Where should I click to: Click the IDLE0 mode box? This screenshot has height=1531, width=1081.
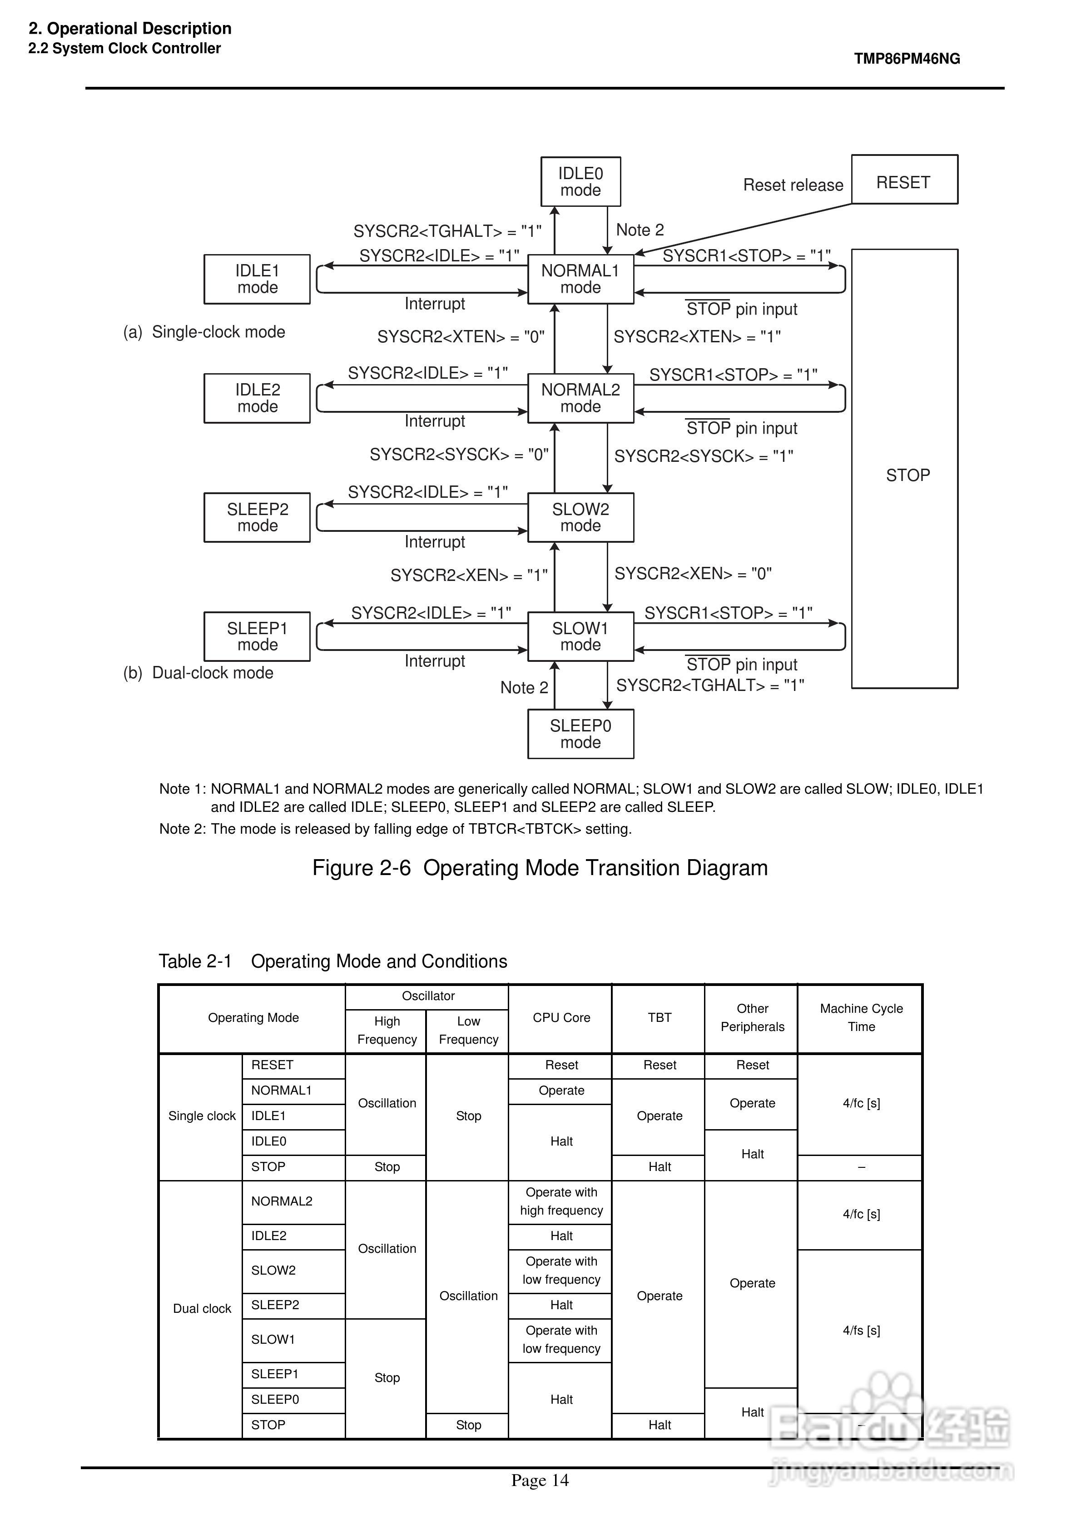(x=580, y=181)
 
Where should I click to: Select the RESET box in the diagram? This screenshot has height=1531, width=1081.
(x=904, y=180)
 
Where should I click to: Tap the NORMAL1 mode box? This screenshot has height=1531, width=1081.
(x=580, y=279)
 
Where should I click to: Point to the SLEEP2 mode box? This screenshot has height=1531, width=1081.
(x=257, y=517)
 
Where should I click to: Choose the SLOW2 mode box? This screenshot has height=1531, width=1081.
(x=580, y=517)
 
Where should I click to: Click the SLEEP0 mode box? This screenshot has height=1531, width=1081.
(x=580, y=734)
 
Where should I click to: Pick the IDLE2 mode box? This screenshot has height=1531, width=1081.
(x=257, y=398)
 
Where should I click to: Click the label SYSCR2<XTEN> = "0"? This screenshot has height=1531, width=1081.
(x=461, y=337)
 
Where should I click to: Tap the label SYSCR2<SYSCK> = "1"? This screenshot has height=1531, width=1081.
(x=704, y=456)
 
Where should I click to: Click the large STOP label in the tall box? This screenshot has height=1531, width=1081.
(x=907, y=475)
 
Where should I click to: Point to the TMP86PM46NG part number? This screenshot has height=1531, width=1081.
(x=907, y=59)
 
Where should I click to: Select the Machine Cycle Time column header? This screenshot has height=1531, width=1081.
(x=861, y=1017)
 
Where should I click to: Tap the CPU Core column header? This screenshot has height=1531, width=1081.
(x=561, y=1017)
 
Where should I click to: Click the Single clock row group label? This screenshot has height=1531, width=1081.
(x=202, y=1116)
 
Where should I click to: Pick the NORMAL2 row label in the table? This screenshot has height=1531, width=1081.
(x=282, y=1201)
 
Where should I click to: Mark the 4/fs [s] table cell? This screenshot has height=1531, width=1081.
(x=861, y=1330)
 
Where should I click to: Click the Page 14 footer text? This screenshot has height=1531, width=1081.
(x=540, y=1481)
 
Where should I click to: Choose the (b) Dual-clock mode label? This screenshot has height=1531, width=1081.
(x=198, y=673)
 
